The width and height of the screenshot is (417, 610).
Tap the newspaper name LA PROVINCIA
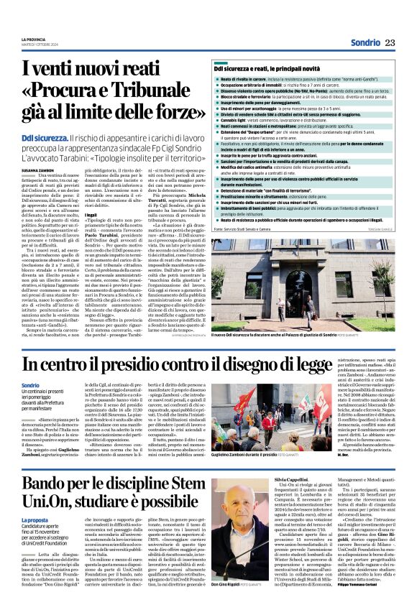point(32,38)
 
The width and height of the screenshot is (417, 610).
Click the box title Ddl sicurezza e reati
point(268,68)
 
